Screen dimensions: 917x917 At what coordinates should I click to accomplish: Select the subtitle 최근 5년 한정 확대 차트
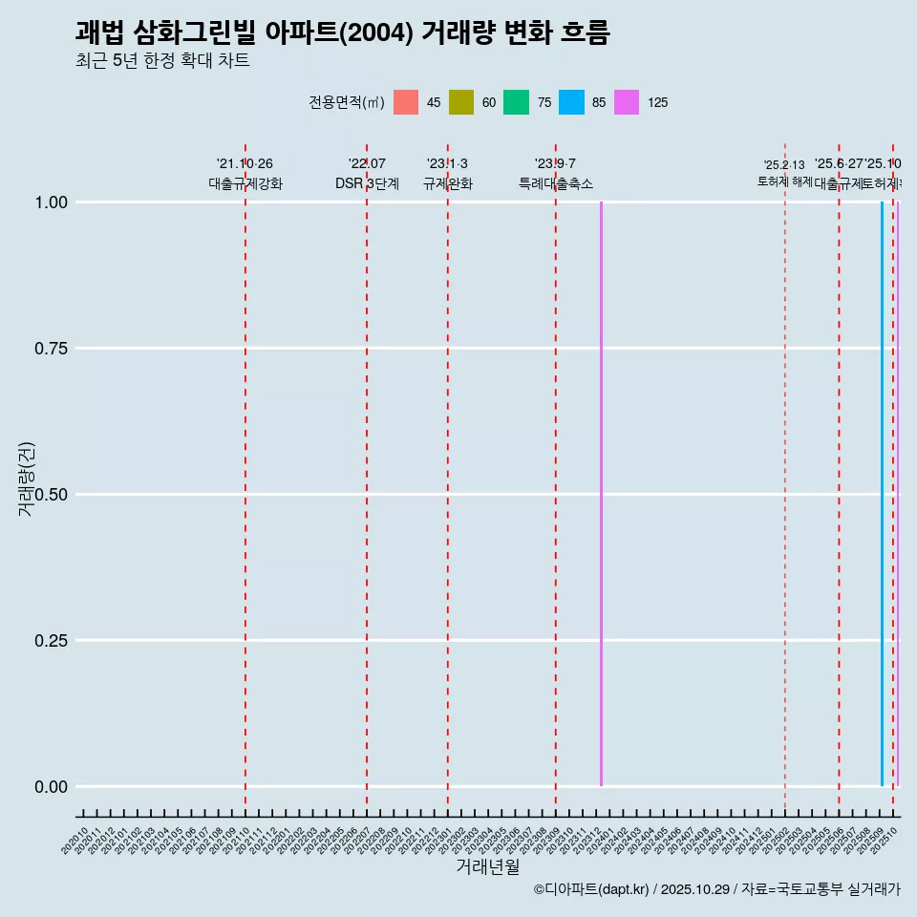tap(162, 61)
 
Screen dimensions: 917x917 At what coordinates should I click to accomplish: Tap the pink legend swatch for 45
tap(406, 102)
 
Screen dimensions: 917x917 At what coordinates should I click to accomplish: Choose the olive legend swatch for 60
tap(461, 102)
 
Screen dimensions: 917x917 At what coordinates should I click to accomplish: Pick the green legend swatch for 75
tap(516, 102)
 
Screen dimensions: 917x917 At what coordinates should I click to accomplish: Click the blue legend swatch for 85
tap(571, 102)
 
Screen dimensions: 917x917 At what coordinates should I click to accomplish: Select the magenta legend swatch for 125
tap(627, 102)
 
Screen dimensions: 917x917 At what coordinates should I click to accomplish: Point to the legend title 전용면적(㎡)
tap(347, 102)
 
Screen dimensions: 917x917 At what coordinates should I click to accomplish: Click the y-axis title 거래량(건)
tap(26, 479)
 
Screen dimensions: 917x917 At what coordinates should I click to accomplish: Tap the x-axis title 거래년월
tap(487, 866)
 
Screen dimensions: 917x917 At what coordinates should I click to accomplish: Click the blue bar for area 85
tap(882, 494)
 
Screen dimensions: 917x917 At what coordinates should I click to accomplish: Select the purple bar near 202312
tap(601, 494)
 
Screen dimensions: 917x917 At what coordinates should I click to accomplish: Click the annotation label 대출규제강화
tap(245, 183)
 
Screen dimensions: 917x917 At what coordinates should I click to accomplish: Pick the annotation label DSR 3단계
tap(367, 183)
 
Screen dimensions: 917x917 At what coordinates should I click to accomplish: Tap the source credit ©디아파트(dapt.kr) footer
tap(716, 889)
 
